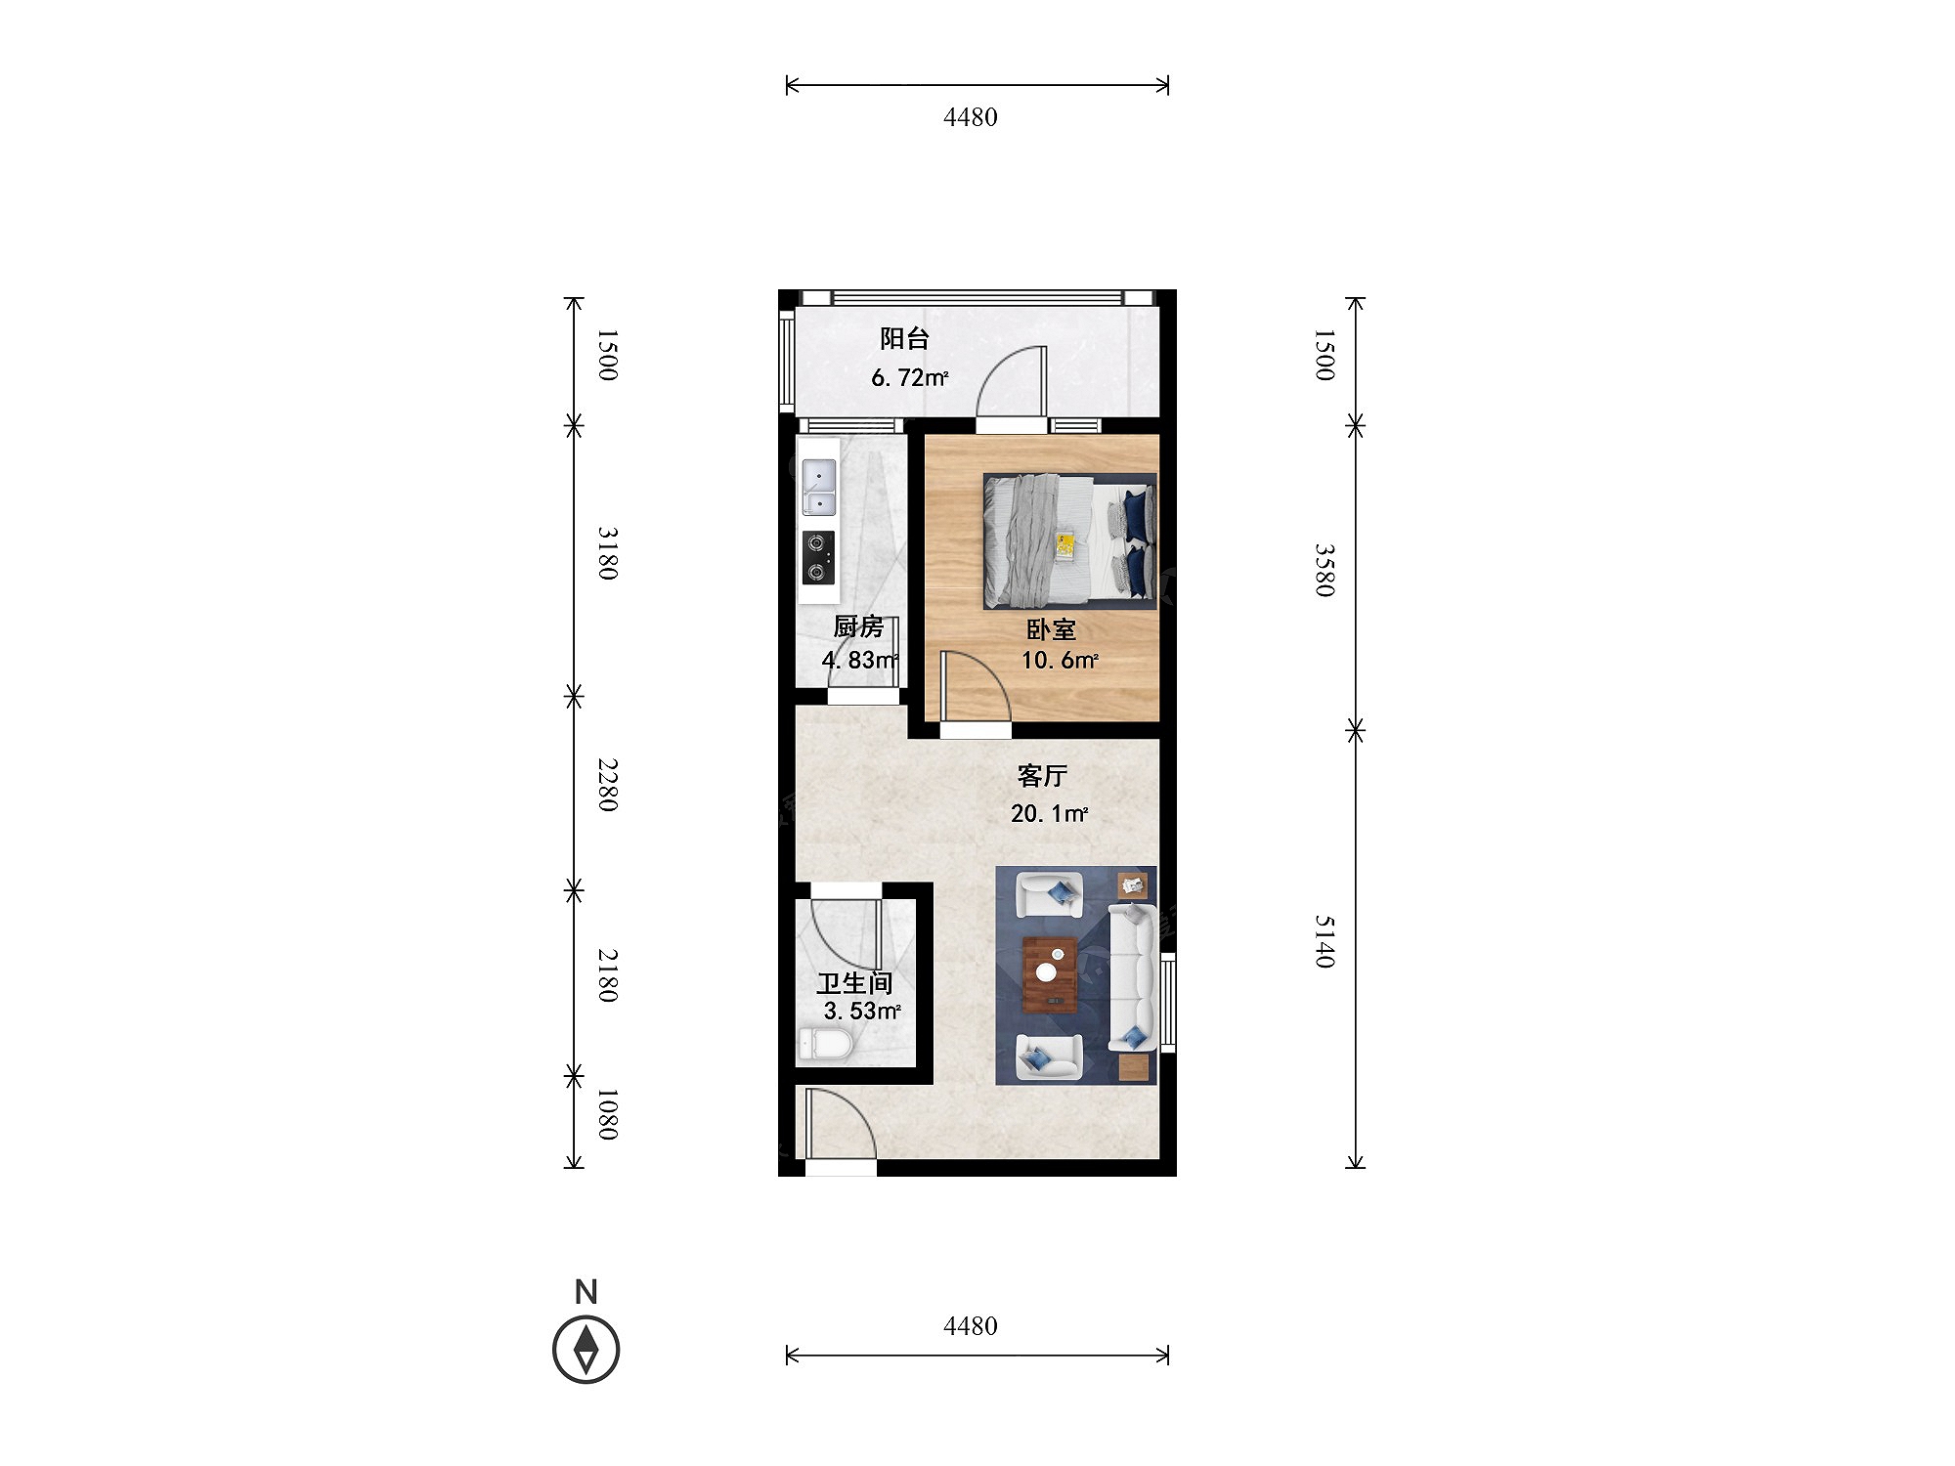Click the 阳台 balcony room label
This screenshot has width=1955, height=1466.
click(x=904, y=339)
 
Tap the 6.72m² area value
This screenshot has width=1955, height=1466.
click(x=910, y=377)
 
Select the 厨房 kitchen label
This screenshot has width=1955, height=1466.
click(x=858, y=626)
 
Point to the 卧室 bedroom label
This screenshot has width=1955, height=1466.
click(x=1051, y=629)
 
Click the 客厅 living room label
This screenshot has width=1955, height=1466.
click(x=1042, y=776)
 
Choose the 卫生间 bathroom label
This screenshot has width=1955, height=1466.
click(x=855, y=983)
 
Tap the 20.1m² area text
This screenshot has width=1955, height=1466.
click(x=1050, y=813)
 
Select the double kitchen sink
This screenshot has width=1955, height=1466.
click(x=819, y=487)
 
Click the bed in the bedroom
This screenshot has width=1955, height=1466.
click(x=1069, y=541)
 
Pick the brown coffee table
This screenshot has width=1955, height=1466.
click(x=1050, y=975)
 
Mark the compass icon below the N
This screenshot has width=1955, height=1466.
click(x=586, y=1350)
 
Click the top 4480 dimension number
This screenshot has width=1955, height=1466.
click(x=971, y=117)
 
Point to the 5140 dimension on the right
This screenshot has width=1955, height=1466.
click(x=1325, y=942)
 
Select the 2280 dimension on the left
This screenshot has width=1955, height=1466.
click(x=608, y=785)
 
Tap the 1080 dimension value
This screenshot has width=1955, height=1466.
click(x=608, y=1115)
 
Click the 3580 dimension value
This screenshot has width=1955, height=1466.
click(x=1325, y=571)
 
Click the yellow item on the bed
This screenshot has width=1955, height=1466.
click(x=1064, y=545)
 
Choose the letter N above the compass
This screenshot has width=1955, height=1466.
click(x=586, y=1292)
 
